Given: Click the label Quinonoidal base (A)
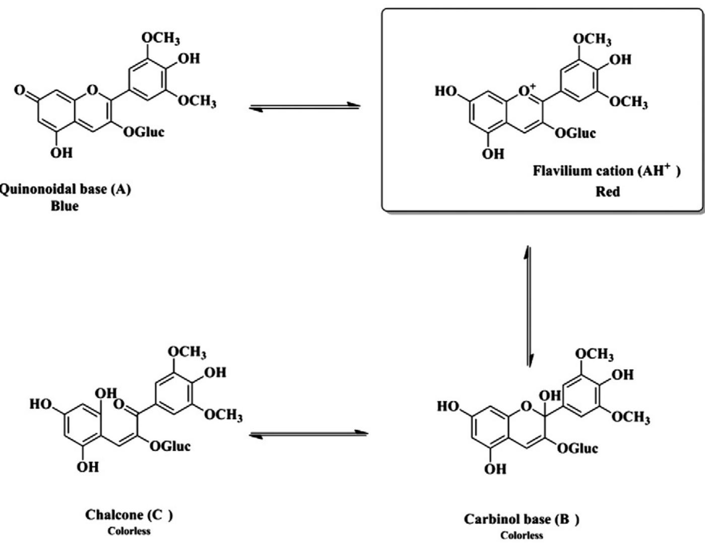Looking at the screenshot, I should pyautogui.click(x=65, y=190).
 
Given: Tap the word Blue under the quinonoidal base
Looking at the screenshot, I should pyautogui.click(x=65, y=206).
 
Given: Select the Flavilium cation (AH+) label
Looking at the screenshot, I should pyautogui.click(x=607, y=171).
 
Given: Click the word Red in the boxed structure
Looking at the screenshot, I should pyautogui.click(x=608, y=192).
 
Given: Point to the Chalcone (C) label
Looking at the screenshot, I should pyautogui.click(x=129, y=515).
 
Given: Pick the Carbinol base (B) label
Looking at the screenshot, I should pyautogui.click(x=522, y=519).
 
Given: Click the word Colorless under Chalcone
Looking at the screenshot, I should pyautogui.click(x=129, y=531).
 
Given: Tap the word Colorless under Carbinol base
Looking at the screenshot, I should pyautogui.click(x=522, y=535).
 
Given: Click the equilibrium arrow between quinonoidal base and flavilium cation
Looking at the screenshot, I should pyautogui.click(x=305, y=107).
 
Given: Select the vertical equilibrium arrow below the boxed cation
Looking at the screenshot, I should pyautogui.click(x=528, y=306).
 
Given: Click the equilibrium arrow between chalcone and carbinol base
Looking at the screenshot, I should pyautogui.click(x=308, y=434).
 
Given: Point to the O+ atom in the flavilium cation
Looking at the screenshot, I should pyautogui.click(x=527, y=91).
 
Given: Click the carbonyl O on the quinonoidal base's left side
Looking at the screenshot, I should pyautogui.click(x=20, y=90).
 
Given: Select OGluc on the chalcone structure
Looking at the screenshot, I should pyautogui.click(x=170, y=446).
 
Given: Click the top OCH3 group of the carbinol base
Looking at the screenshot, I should pyautogui.click(x=594, y=355).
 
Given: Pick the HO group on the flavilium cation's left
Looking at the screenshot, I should pyautogui.click(x=446, y=91).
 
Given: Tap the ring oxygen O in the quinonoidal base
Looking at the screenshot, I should pyautogui.click(x=92, y=90).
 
